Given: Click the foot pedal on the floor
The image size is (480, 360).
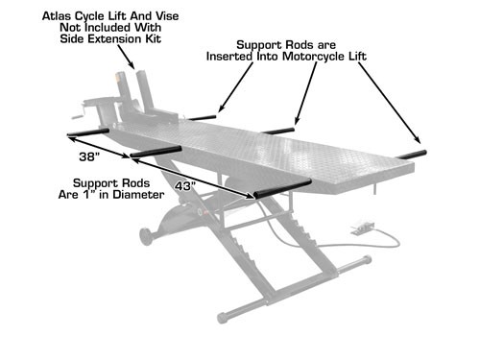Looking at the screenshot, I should click(x=361, y=228).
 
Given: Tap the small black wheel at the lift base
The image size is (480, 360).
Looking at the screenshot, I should click(x=146, y=234).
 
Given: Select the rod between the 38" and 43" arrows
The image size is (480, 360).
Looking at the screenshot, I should click(x=156, y=151).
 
